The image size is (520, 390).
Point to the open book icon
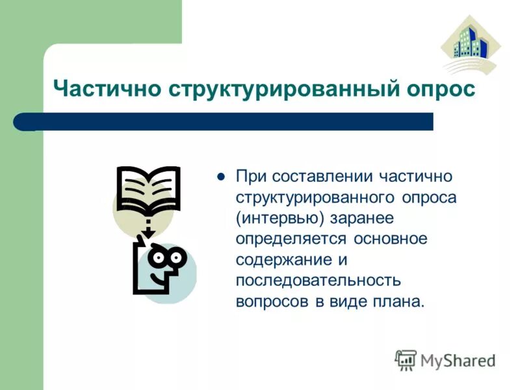click(148, 190)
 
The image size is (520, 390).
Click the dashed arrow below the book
click(148, 227)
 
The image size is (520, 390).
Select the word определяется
click(292, 239)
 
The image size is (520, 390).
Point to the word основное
click(391, 239)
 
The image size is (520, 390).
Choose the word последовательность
click(318, 280)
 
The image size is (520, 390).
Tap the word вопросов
click(272, 301)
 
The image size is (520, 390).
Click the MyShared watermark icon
click(406, 359)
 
